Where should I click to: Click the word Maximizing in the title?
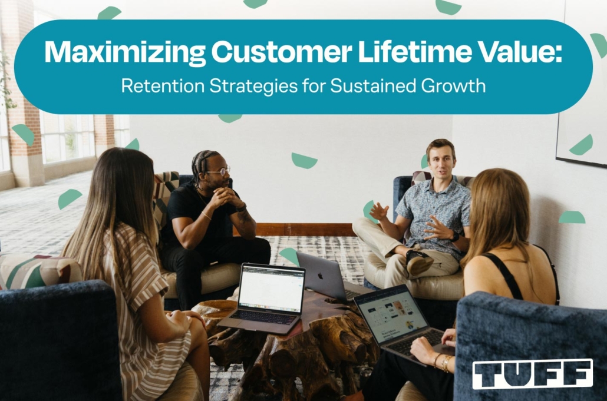[125, 52]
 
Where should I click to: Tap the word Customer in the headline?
[282, 51]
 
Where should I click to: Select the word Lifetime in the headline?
[415, 51]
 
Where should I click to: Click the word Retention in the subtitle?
[163, 86]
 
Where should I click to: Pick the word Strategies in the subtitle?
[253, 87]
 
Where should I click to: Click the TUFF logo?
[532, 373]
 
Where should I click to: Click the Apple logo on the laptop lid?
[320, 276]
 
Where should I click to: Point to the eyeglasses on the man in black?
[220, 170]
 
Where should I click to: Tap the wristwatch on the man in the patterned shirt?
[454, 236]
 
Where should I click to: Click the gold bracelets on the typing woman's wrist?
[443, 362]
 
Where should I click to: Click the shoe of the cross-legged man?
[419, 262]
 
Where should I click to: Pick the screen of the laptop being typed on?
[391, 313]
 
